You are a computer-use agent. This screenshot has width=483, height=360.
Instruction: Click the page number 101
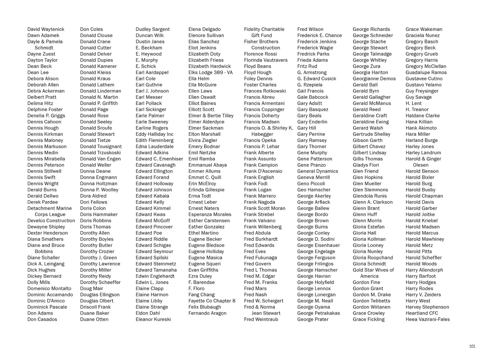(472, 346)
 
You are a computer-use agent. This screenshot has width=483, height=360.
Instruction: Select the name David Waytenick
(46, 29)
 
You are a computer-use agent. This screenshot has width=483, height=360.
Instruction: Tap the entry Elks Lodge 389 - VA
(210, 72)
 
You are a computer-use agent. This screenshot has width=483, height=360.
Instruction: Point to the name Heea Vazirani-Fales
(427, 319)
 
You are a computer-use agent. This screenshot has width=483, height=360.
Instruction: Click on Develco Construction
(51, 220)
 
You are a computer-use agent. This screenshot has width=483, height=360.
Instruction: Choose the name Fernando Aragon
(207, 313)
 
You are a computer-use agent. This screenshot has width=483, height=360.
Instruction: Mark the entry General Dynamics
(318, 171)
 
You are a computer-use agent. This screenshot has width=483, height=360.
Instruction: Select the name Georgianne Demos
(374, 78)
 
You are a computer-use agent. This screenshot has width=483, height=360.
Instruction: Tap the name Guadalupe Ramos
(426, 72)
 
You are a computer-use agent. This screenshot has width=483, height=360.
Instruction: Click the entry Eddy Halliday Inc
(155, 134)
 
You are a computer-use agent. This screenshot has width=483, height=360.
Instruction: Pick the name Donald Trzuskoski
(100, 153)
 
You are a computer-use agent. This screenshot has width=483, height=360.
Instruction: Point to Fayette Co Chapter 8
(212, 301)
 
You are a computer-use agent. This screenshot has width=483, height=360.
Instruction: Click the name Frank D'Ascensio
(263, 171)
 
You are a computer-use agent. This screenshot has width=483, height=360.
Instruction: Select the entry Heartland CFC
(422, 313)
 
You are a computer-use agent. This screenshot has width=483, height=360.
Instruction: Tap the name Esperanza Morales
(210, 214)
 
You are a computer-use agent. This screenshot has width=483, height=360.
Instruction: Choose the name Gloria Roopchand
(373, 257)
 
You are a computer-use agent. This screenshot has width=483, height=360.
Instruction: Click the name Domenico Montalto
(49, 288)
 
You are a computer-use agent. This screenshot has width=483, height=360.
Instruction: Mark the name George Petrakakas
(318, 313)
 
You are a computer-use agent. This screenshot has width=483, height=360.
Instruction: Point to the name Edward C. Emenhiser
(159, 159)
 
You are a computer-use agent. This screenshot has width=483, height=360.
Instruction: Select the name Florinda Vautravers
(266, 60)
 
